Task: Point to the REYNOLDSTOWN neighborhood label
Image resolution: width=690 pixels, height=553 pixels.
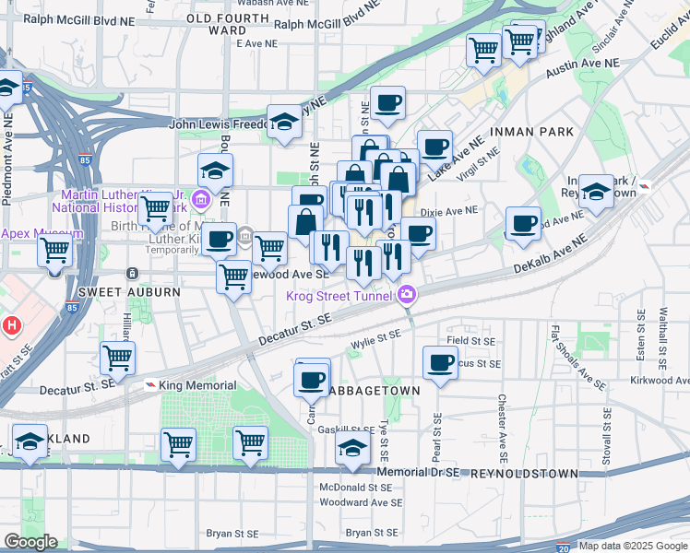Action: pos(524,473)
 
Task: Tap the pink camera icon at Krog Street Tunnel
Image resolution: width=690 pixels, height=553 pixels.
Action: pos(407,295)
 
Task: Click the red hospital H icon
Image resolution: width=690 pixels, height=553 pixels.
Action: pos(11,325)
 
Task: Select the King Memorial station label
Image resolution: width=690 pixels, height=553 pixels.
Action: pos(197,385)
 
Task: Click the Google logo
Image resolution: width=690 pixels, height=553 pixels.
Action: pos(30,542)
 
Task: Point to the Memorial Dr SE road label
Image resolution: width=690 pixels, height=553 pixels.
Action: pos(417,472)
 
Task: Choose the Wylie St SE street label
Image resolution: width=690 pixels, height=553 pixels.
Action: pos(376,342)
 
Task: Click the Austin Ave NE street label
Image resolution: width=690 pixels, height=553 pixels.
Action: pos(581,66)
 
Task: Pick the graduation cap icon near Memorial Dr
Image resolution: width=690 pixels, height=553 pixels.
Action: pos(352,448)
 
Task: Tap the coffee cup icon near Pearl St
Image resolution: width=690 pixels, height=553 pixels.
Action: pos(440,360)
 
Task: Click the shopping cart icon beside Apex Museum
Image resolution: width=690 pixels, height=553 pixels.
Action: pos(54,250)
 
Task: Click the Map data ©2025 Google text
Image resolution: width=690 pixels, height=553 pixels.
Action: pos(633,546)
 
